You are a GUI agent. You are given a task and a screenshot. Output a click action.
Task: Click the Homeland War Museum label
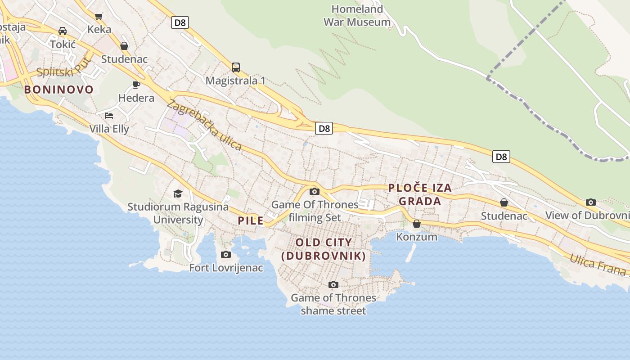click(x=357, y=15)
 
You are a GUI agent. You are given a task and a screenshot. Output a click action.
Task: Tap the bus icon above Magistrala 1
click(x=236, y=67)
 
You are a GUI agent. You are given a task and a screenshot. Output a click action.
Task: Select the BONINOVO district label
click(x=58, y=89)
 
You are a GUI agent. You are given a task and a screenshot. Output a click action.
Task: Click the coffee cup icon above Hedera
click(x=136, y=85)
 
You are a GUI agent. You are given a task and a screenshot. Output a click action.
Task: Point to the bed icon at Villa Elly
click(x=108, y=116)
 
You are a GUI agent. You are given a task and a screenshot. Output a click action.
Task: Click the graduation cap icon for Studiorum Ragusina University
click(x=178, y=193)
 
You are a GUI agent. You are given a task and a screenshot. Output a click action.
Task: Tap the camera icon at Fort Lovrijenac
click(x=226, y=255)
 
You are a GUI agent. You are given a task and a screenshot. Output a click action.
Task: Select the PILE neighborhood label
click(x=251, y=220)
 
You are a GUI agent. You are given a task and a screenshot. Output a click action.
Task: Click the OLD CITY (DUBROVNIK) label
click(x=323, y=249)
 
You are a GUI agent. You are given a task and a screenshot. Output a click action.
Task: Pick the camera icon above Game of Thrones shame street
click(x=333, y=284)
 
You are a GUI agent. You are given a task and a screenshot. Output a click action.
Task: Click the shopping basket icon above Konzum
click(x=417, y=223)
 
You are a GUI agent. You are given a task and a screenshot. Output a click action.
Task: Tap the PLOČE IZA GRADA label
click(x=419, y=194)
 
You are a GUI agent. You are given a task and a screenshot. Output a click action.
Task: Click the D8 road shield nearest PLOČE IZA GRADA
click(x=501, y=157)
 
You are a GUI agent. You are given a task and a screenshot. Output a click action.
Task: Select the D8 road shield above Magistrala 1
click(x=180, y=22)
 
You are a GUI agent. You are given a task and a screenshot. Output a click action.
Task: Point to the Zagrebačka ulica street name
click(x=204, y=125)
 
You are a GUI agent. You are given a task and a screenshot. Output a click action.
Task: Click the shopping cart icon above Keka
click(x=99, y=16)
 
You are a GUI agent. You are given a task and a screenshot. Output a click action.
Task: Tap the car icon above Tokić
click(x=63, y=31)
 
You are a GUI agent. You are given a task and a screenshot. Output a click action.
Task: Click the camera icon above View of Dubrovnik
click(x=591, y=202)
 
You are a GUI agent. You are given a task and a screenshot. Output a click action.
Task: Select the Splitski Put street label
click(x=64, y=67)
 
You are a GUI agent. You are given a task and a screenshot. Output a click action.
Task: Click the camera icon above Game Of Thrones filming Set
click(x=315, y=192)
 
